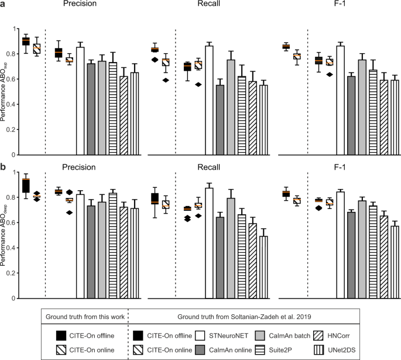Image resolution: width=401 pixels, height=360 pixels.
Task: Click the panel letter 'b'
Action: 4,167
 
